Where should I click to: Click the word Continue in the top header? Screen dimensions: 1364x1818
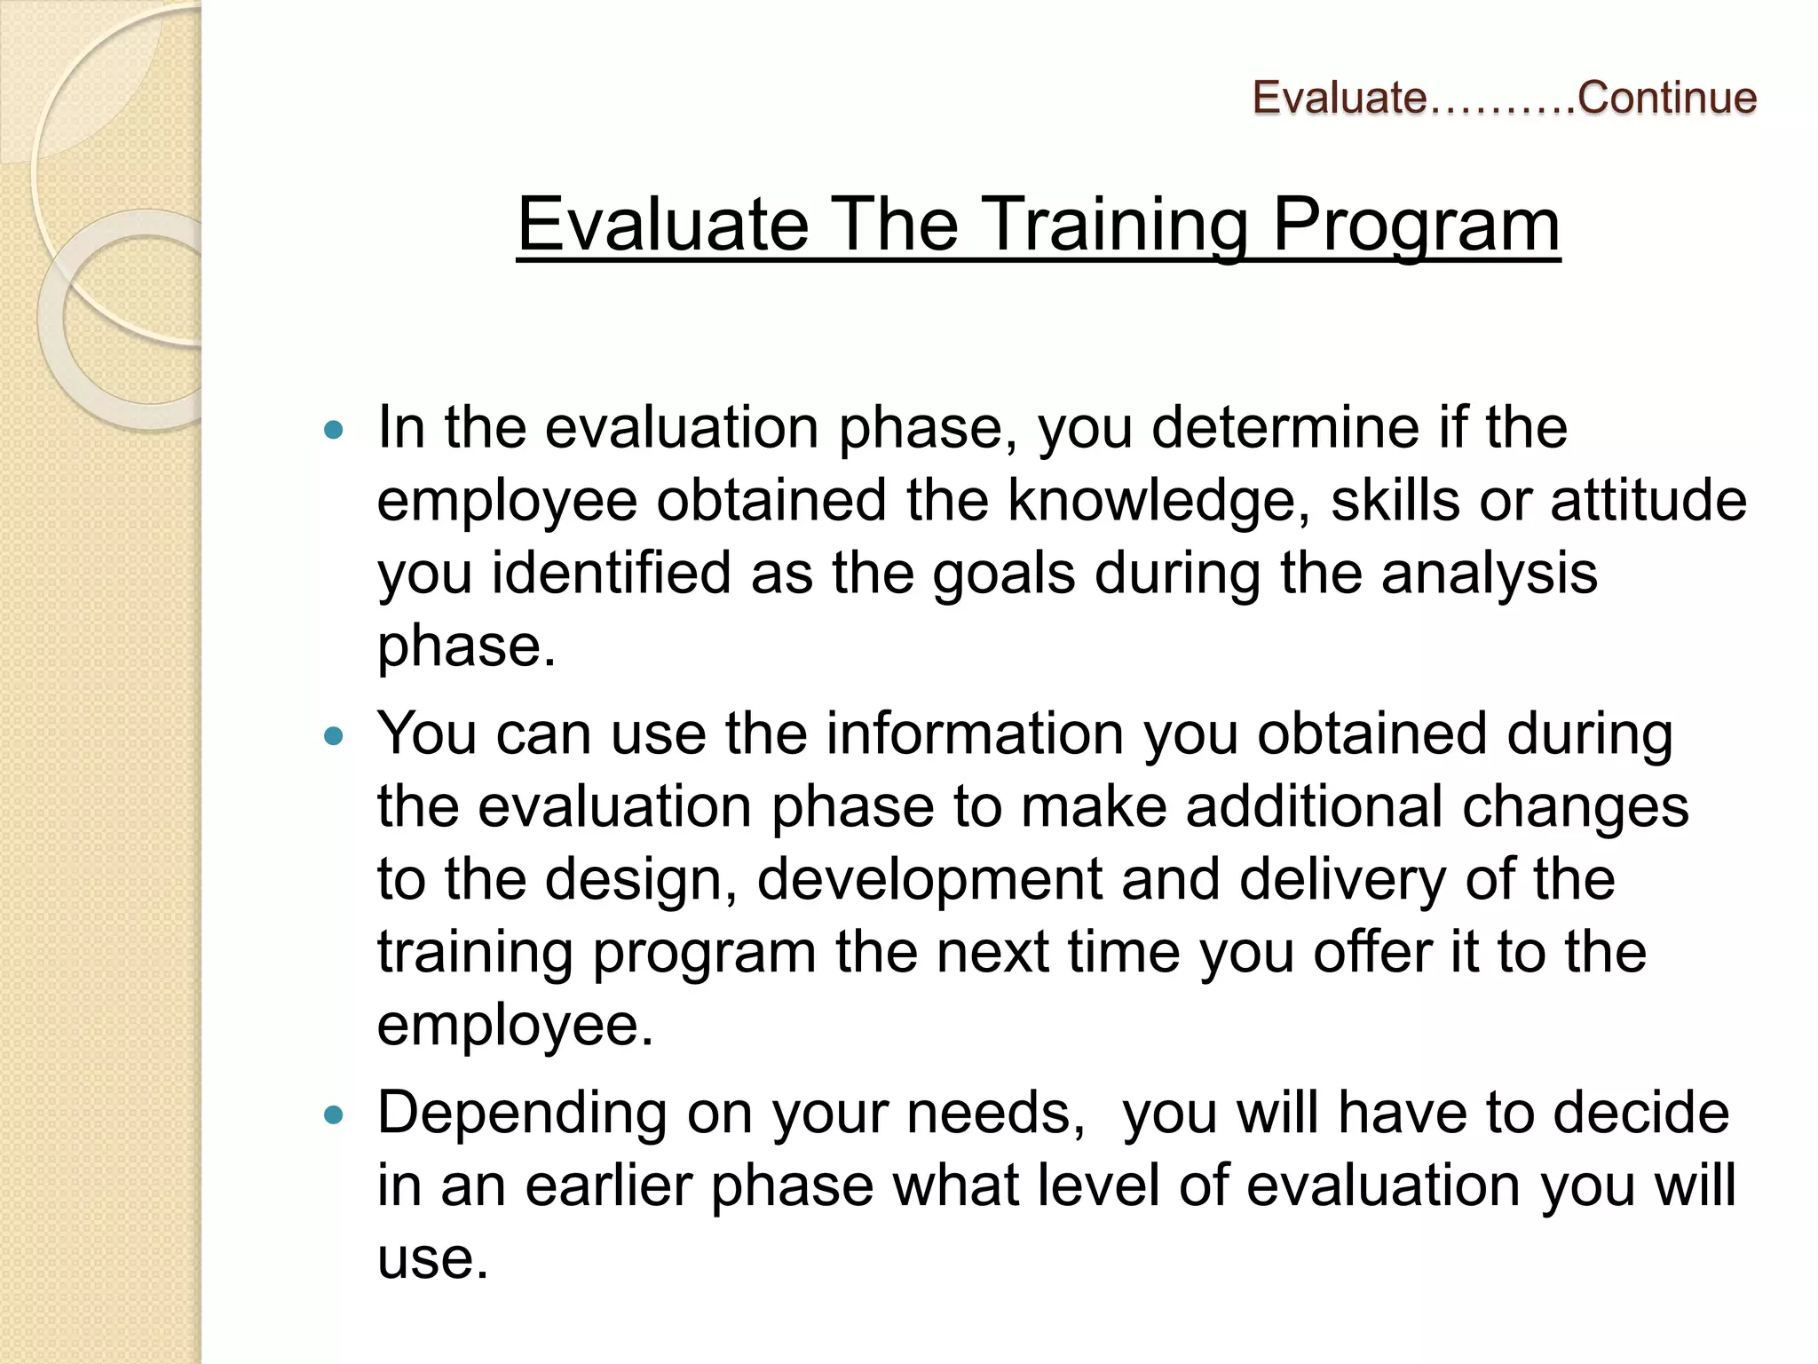click(x=1666, y=97)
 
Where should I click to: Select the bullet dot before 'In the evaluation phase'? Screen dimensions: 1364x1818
click(x=334, y=431)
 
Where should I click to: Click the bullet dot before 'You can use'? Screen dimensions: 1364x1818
click(x=334, y=736)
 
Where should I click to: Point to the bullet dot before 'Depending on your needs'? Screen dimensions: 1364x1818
click(x=334, y=1115)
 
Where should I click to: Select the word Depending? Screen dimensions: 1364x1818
click(x=521, y=1114)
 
